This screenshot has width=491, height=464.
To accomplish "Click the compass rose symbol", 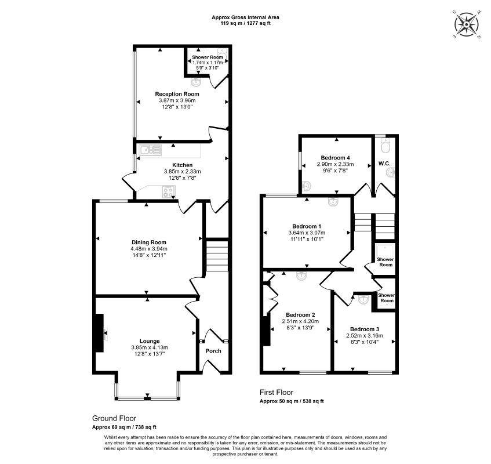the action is tap(467, 24).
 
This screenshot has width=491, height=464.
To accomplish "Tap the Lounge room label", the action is tap(150, 341).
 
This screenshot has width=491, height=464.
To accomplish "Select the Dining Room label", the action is tap(149, 242).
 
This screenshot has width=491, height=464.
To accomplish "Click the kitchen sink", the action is tap(151, 150).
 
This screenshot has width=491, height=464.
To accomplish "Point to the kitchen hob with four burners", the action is tap(169, 192).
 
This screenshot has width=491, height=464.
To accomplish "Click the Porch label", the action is tap(213, 351).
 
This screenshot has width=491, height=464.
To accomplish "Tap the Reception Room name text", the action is tap(177, 94).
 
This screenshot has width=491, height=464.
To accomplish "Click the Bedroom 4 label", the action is tap(336, 158).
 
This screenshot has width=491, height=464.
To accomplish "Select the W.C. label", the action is tap(384, 164).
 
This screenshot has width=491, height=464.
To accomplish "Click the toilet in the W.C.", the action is tap(385, 146).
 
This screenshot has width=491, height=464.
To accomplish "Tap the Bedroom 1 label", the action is tap(307, 226).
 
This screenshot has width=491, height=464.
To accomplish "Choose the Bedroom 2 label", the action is tap(300, 315).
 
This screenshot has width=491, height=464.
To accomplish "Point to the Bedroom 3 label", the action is tap(365, 329).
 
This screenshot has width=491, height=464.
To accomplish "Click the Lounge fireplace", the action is tap(100, 333).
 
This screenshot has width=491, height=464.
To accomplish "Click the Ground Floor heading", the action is tap(114, 418).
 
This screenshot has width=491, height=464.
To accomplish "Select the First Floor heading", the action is tap(276, 392).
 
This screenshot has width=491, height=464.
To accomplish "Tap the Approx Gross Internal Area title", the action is tap(245, 17).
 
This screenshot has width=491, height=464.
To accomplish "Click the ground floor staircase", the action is tap(217, 255).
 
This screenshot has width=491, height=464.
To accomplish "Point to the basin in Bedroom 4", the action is tap(306, 186).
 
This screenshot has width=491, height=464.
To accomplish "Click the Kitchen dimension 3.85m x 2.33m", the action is tap(182, 172).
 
